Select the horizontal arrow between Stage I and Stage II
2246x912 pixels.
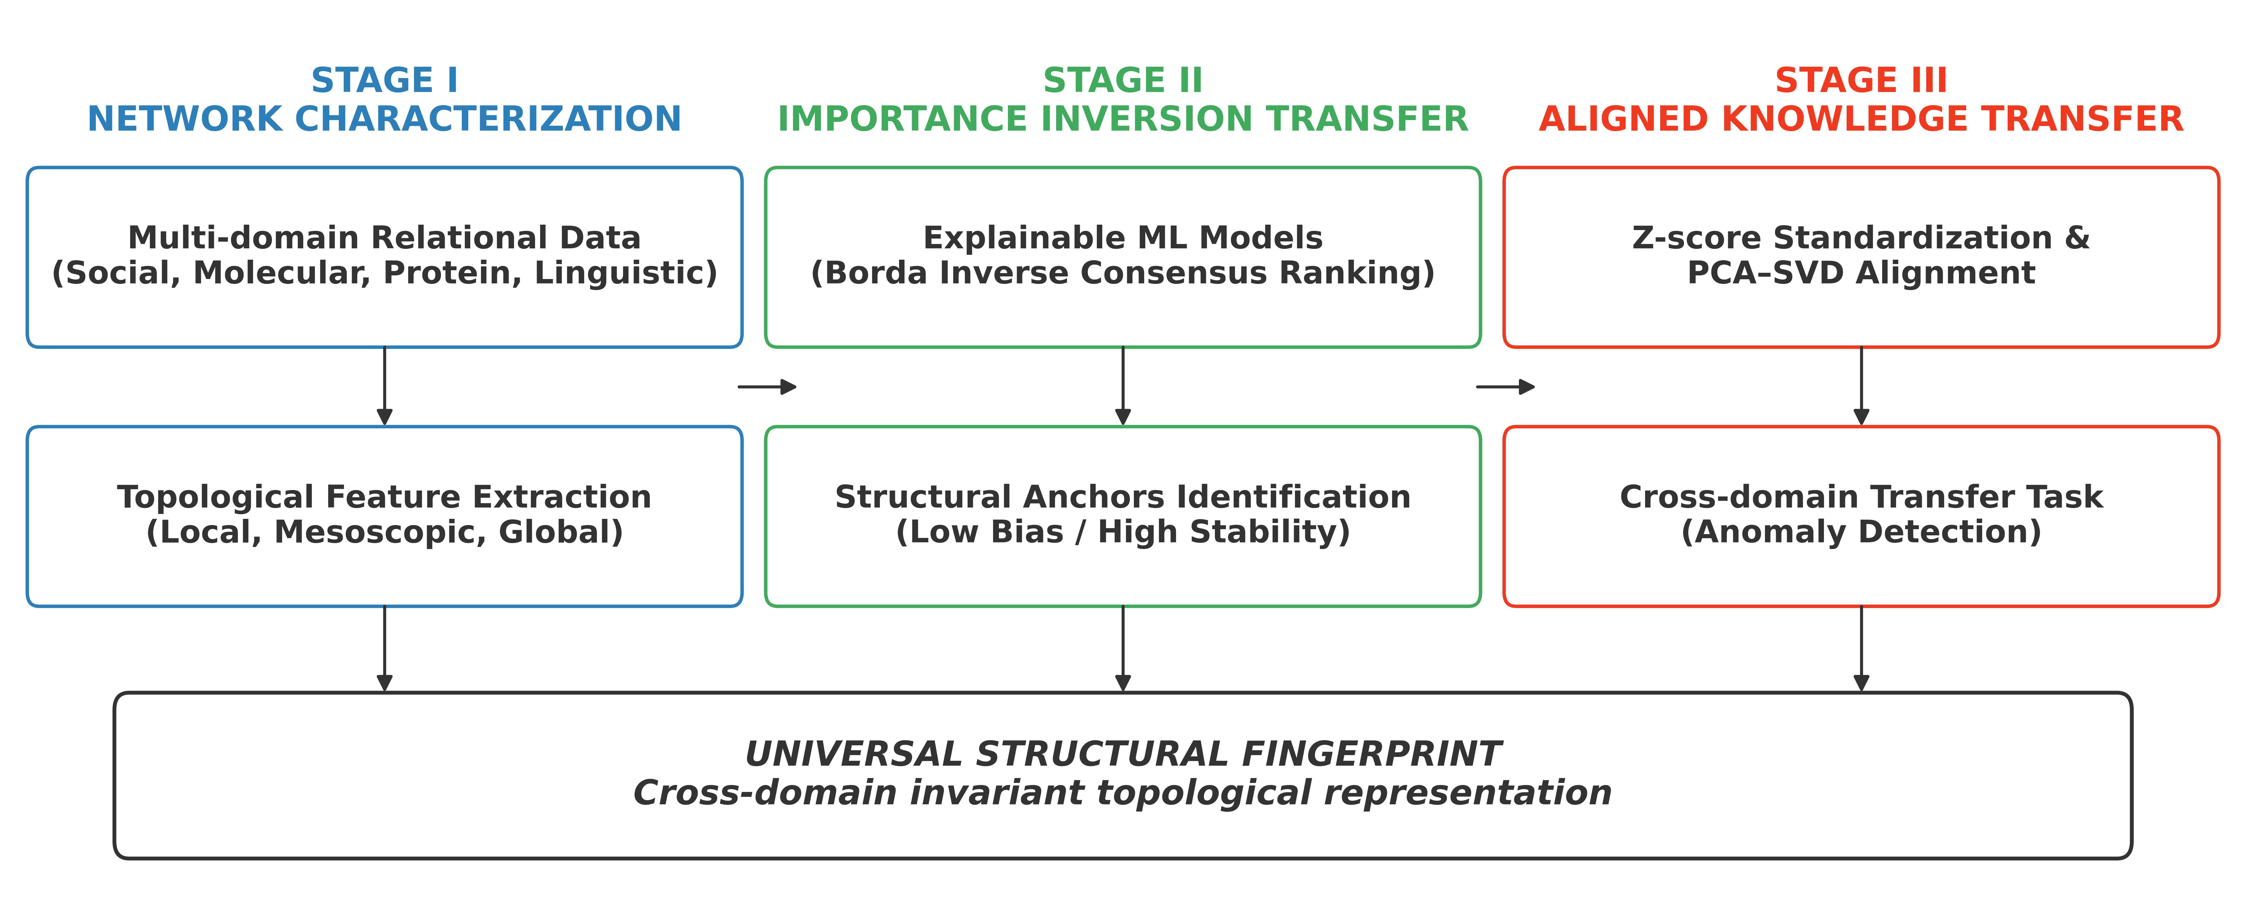[x=767, y=386]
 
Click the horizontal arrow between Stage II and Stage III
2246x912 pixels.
[x=1506, y=386]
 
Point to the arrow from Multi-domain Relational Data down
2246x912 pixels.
[x=384, y=386]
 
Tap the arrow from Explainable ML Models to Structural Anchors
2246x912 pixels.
[x=1123, y=386]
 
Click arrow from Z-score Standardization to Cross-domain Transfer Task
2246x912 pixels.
[x=1862, y=386]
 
